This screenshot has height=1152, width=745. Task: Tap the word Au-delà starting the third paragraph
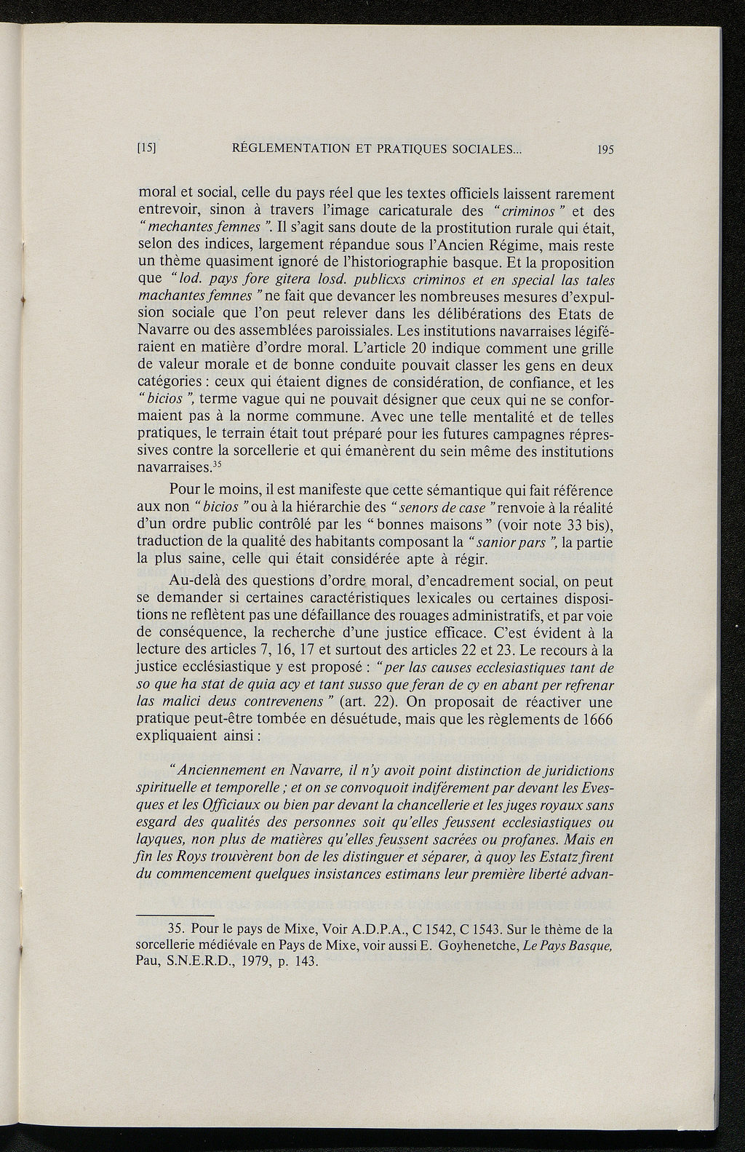191,581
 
